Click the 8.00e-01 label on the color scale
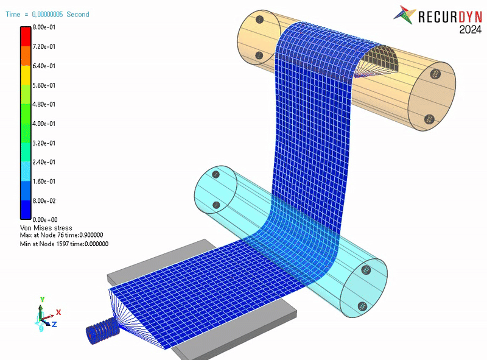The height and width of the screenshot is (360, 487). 44,27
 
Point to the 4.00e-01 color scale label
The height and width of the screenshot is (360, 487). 44,124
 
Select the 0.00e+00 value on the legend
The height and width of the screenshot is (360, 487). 45,220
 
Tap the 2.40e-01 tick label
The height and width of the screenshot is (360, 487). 44,162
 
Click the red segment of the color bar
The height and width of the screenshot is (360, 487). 26,37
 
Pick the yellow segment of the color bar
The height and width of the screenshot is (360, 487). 26,76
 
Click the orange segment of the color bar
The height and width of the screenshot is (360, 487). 26,56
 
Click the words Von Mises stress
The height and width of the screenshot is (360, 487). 46,228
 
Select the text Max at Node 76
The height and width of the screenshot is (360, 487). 42,235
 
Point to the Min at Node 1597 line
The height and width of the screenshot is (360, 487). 64,244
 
